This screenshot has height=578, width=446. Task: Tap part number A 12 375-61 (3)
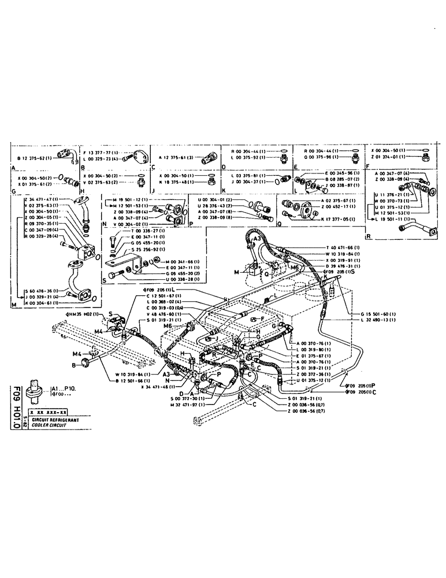[x=178, y=157]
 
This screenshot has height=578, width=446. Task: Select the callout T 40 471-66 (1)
[x=341, y=247]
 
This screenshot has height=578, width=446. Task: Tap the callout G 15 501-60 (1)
[x=379, y=313]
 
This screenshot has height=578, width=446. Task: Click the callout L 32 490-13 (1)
[x=379, y=320]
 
